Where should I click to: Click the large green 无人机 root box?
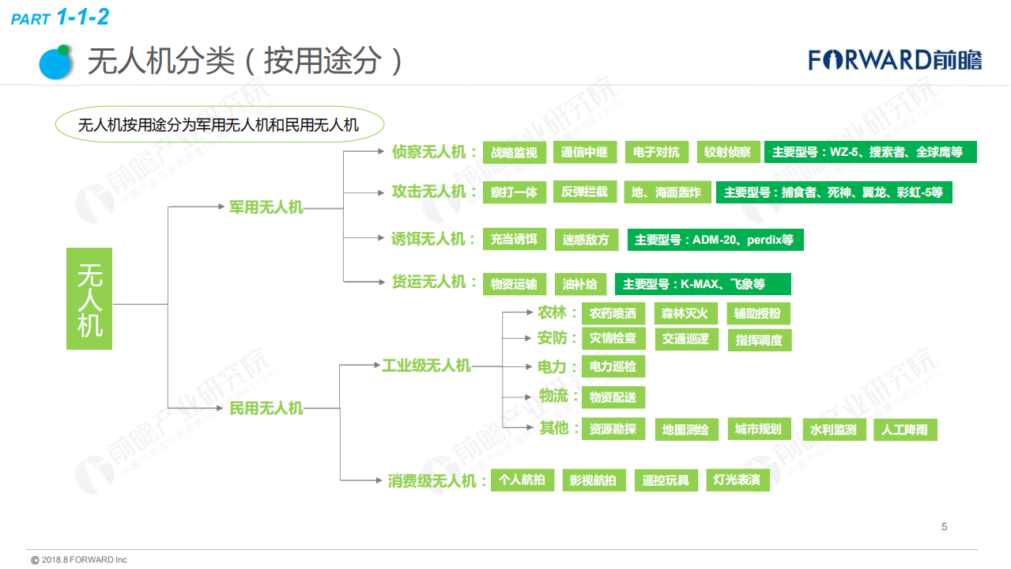pyautogui.click(x=89, y=298)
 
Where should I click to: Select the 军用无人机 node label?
pyautogui.click(x=266, y=207)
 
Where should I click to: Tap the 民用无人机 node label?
pyautogui.click(x=266, y=408)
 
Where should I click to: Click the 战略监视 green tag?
pyautogui.click(x=514, y=152)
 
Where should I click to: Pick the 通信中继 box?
pyautogui.click(x=584, y=152)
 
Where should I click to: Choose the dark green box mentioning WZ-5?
pyautogui.click(x=870, y=152)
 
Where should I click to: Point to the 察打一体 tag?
pyautogui.click(x=514, y=192)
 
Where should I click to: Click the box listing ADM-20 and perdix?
pyautogui.click(x=715, y=239)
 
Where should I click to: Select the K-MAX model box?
pyautogui.click(x=702, y=283)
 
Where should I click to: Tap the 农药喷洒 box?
pyautogui.click(x=613, y=313)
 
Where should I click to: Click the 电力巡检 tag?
pyautogui.click(x=613, y=366)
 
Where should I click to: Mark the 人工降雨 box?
pyautogui.click(x=905, y=430)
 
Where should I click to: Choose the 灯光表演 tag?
pyautogui.click(x=737, y=480)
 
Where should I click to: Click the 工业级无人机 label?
pyautogui.click(x=426, y=366)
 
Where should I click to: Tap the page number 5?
pyautogui.click(x=944, y=527)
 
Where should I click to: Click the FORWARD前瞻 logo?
pyautogui.click(x=894, y=60)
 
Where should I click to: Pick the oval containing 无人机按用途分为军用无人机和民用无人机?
pyautogui.click(x=219, y=124)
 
